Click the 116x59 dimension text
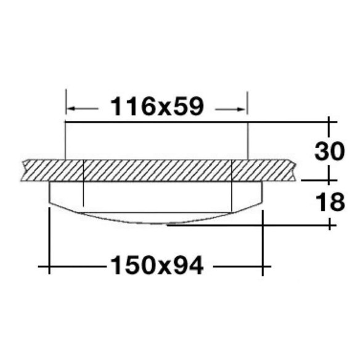[157, 107]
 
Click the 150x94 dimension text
[157, 266]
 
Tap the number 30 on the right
[330, 151]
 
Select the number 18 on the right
[330, 202]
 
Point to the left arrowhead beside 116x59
[72, 108]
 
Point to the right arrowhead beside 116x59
[242, 109]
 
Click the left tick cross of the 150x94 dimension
[49, 266]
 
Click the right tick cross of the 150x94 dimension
[263, 266]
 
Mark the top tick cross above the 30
[329, 122]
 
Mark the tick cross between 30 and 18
[329, 181]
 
